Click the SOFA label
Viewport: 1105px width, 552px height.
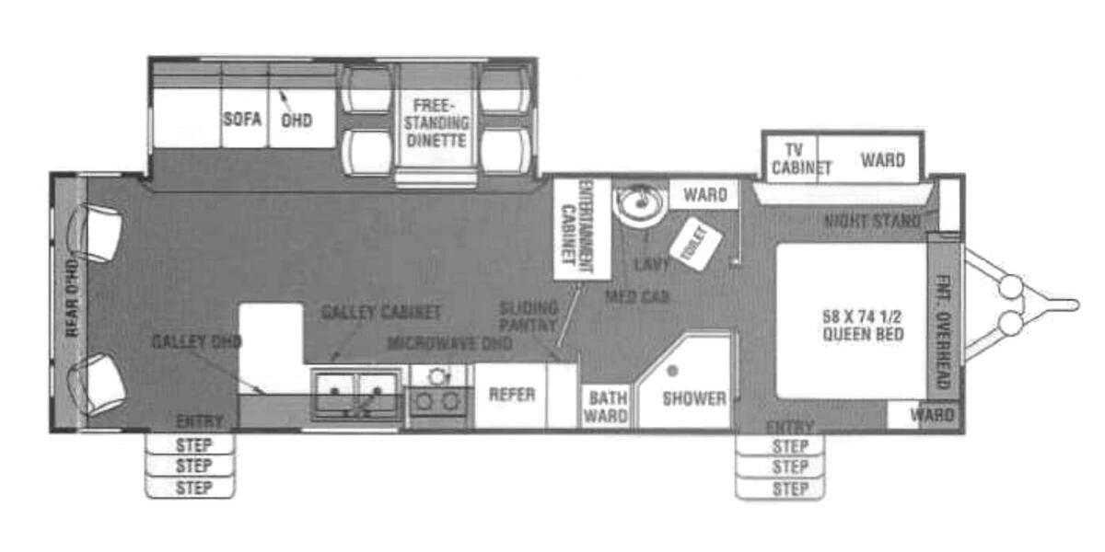click(x=242, y=120)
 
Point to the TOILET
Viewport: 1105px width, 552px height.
click(x=694, y=244)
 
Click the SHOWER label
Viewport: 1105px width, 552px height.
click(x=693, y=398)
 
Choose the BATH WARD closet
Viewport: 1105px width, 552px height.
click(x=608, y=407)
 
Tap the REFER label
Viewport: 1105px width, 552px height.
click(x=512, y=395)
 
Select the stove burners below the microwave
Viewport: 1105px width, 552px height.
click(x=439, y=400)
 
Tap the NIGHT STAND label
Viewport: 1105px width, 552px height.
click(x=871, y=221)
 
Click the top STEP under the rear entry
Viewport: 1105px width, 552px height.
click(x=193, y=445)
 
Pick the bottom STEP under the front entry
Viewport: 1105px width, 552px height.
click(x=789, y=489)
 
